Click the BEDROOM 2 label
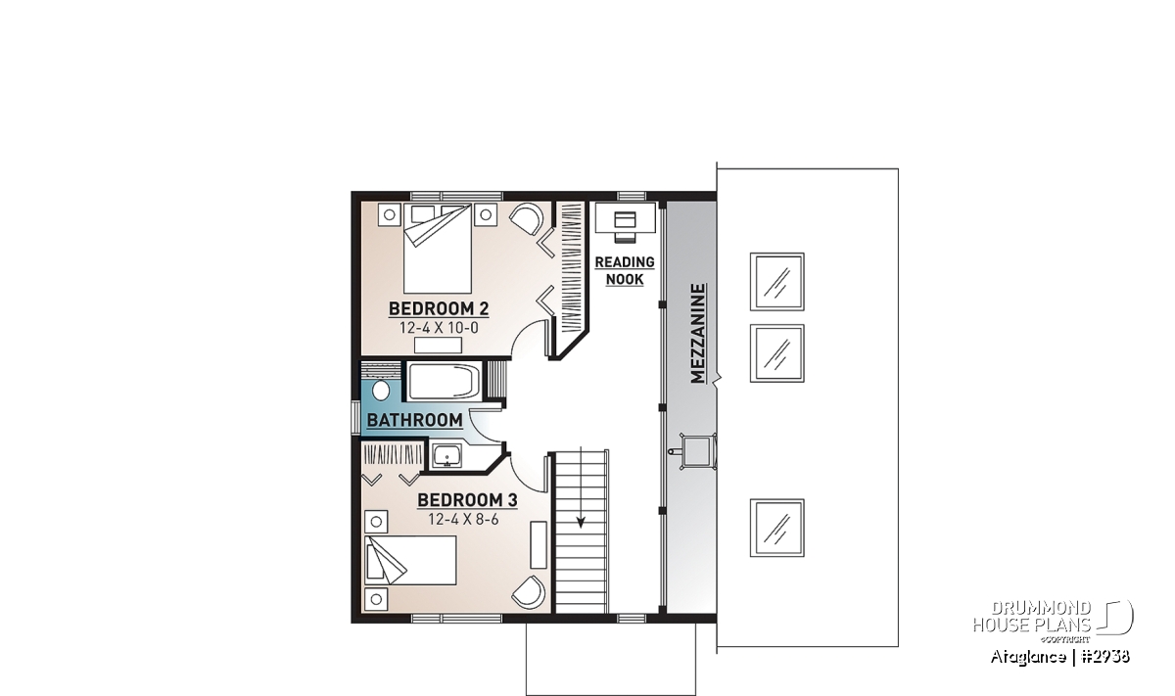tap(439, 308)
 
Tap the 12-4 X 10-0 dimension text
tap(439, 328)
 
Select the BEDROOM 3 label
tap(467, 500)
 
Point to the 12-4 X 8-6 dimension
tap(463, 520)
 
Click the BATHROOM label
tap(414, 420)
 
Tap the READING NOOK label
tap(625, 270)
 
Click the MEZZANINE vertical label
tap(697, 334)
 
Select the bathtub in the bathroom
tap(444, 382)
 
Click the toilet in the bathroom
tap(380, 391)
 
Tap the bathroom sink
tap(446, 456)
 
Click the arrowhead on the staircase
tap(581, 522)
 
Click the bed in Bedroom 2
tap(438, 248)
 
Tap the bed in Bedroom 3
tap(410, 560)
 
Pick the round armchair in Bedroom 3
tap(529, 591)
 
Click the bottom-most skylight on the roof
tap(776, 528)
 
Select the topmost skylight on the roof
tap(776, 282)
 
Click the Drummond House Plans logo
tap(1053, 622)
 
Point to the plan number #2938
tap(1105, 657)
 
